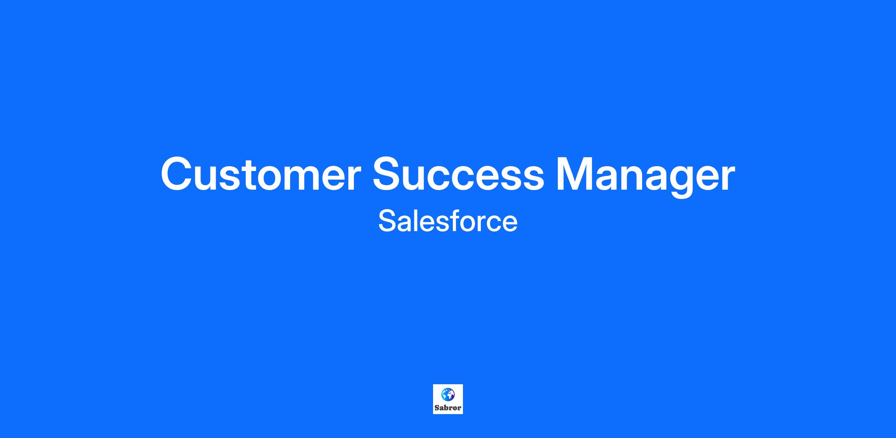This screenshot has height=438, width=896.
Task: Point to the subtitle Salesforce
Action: coord(448,221)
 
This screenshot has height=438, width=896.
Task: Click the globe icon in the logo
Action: coord(448,394)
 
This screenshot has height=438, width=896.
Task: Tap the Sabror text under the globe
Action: coord(448,408)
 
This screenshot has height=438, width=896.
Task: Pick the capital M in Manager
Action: coord(575,174)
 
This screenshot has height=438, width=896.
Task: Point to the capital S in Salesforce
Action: coord(387,221)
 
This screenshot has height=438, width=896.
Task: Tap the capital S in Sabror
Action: coord(437,408)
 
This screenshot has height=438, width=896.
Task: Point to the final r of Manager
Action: coord(728,178)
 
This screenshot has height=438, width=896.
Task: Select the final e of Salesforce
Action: coord(510,224)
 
